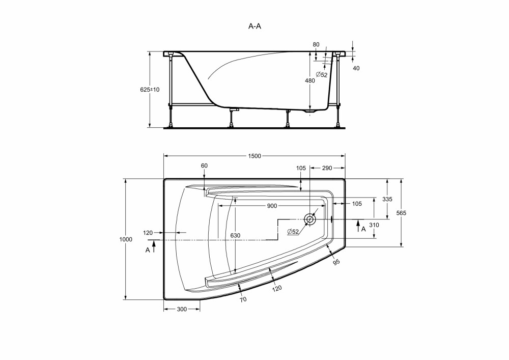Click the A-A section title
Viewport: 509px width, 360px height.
coord(254,26)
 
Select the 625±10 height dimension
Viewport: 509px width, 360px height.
coord(150,90)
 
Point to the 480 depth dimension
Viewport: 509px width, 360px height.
coord(310,80)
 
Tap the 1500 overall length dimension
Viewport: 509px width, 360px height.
coord(254,156)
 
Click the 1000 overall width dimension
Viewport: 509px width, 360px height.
coord(126,239)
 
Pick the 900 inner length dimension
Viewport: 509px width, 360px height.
coord(272,206)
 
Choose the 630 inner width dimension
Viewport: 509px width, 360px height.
coord(235,235)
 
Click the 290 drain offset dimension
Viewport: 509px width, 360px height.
coord(327,168)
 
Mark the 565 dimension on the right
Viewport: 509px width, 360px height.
coord(401,213)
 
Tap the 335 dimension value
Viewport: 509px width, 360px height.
coord(387,199)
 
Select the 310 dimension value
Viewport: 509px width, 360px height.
coord(374,225)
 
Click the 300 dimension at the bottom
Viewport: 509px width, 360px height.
coord(182,310)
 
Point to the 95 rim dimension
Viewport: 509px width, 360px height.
coord(336,262)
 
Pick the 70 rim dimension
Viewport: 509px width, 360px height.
coord(243,299)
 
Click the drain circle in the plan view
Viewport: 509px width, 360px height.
coord(310,219)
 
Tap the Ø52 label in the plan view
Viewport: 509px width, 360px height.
coord(293,232)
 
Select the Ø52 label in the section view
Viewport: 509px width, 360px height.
coord(322,75)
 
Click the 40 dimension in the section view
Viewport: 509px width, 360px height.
coord(356,68)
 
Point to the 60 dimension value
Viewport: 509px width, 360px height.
coord(204,165)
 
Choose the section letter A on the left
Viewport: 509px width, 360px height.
coord(148,251)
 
